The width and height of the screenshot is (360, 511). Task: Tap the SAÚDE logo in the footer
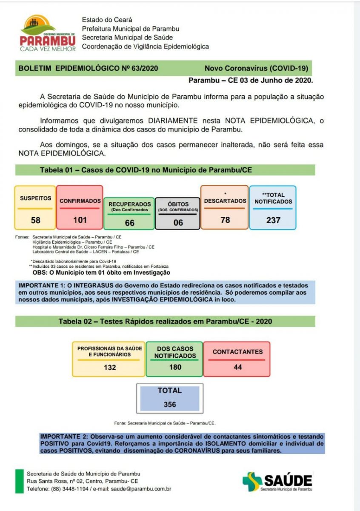[x=277, y=482]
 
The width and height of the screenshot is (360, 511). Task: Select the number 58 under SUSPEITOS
[x=35, y=220]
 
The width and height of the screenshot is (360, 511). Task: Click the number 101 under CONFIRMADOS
[x=80, y=220]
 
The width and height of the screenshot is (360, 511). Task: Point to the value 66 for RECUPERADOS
[x=129, y=223]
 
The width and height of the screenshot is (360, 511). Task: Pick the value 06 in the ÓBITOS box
[x=177, y=222]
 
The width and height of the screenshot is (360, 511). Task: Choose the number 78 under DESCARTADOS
[x=225, y=219]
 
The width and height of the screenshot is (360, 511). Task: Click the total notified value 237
[x=273, y=220]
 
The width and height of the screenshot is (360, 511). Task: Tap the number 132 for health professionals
[x=109, y=367]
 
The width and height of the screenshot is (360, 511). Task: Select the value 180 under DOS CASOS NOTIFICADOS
[x=175, y=367]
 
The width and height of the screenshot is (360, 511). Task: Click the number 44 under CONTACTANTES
[x=237, y=367]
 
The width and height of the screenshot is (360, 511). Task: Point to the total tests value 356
[x=170, y=405]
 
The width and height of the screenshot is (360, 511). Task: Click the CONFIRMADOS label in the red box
[x=80, y=201]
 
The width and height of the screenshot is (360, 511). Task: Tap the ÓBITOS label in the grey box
[x=178, y=204]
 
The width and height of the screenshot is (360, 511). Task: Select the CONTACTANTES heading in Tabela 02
[x=237, y=352]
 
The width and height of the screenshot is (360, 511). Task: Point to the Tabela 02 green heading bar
[x=165, y=321]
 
